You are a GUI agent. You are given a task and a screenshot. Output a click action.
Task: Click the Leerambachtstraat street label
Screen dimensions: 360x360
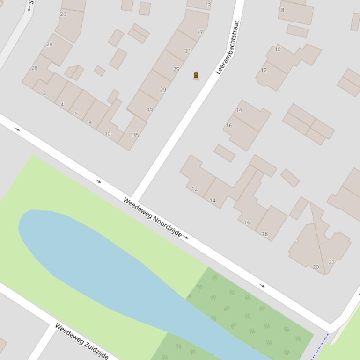pos(228,47)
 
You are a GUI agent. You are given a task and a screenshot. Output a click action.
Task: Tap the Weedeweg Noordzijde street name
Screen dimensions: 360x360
pos(152,217)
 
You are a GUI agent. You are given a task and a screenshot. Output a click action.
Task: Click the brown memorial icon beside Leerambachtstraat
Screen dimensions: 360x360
pos(196,76)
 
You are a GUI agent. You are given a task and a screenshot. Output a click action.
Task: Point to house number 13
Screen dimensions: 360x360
pos(207,4)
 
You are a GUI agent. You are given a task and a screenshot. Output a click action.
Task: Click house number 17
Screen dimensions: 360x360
pos(200,33)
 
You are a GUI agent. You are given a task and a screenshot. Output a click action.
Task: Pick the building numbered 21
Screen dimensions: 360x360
pos(188,51)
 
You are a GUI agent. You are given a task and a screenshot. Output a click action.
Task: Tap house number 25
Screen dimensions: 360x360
pos(176,69)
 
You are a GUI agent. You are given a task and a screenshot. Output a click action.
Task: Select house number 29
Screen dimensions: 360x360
pos(163,90)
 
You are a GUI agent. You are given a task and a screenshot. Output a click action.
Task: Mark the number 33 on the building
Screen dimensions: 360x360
pos(149,110)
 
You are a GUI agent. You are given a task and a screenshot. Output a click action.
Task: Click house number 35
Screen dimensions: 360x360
pos(135,135)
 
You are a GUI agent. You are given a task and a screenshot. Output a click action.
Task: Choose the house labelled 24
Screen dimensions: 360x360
pos(50,45)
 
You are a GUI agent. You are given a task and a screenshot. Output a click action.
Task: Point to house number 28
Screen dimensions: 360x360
pos(34,68)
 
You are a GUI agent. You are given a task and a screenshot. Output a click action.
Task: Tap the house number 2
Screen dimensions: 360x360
pos(44,94)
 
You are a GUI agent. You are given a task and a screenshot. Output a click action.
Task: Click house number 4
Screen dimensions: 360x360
pos(62,104)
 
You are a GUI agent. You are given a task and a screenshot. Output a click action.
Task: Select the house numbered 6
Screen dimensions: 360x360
pos(76,114)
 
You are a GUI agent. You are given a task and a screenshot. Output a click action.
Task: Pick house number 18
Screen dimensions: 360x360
pos(265,234)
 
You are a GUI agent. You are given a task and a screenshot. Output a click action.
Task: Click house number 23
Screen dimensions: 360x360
pos(331,262)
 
